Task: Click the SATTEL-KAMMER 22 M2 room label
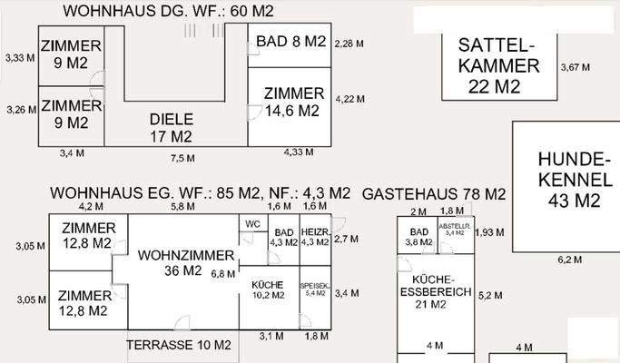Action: click(495, 65)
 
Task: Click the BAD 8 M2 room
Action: click(290, 42)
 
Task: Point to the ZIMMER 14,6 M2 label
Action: click(293, 102)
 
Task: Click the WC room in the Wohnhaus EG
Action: click(251, 224)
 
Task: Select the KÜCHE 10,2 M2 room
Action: click(268, 289)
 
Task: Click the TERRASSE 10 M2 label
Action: click(179, 345)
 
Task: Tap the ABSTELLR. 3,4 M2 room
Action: click(453, 231)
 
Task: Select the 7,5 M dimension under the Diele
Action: click(182, 158)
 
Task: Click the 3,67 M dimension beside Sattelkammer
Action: click(575, 67)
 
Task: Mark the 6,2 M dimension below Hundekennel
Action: click(568, 260)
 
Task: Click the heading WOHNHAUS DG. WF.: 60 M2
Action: click(168, 11)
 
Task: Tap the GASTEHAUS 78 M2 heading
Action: click(434, 194)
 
